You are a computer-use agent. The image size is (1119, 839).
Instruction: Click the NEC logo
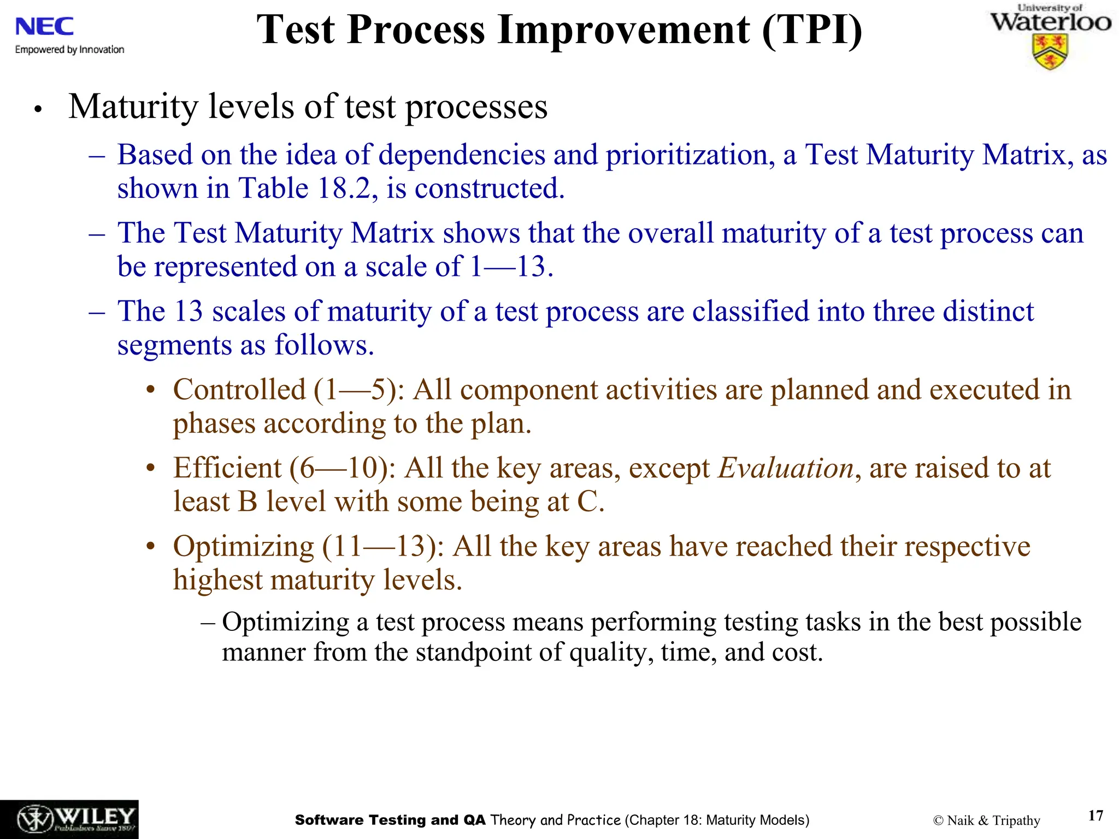pos(44,26)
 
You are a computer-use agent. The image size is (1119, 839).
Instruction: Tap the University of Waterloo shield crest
pos(1050,52)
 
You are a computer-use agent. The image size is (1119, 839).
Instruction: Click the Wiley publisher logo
pos(69,819)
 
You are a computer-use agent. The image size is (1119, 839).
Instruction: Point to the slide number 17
pos(1096,816)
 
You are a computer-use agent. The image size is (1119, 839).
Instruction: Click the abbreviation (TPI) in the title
pos(812,29)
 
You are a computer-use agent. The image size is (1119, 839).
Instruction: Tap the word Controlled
pos(239,390)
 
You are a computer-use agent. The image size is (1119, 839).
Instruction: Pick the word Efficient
pos(227,469)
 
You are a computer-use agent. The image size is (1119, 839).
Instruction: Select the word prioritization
pos(690,155)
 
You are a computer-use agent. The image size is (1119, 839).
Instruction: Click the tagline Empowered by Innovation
pos(69,50)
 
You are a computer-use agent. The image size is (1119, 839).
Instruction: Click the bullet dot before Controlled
pos(151,391)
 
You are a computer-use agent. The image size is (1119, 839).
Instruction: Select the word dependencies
pos(462,155)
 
